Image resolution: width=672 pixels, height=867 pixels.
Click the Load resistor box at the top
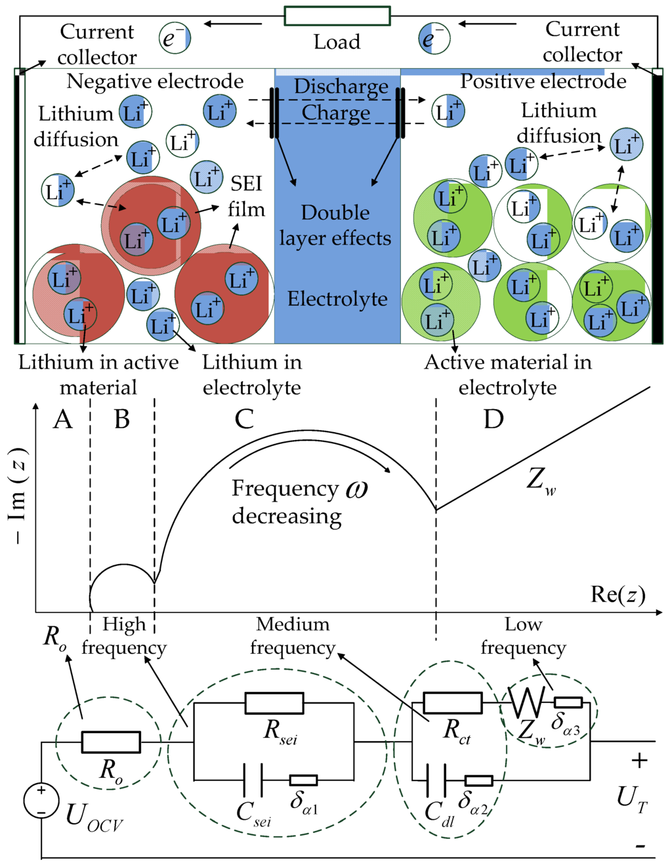pos(337,16)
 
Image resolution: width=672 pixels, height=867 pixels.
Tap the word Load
pos(337,42)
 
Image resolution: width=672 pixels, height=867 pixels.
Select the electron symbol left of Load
pos(175,38)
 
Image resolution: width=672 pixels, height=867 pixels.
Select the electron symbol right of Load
pos(434,38)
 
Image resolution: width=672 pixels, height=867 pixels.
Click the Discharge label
pos(341,87)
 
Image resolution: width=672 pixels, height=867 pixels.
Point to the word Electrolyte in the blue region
pos(337,299)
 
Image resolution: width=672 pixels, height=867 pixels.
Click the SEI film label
pos(246,196)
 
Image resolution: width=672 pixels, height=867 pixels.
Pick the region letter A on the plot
pos(63,419)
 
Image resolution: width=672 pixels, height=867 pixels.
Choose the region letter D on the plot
pos(493,419)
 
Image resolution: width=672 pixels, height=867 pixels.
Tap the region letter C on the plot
pos(244,419)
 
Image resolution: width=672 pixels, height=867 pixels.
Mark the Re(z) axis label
pos(618,594)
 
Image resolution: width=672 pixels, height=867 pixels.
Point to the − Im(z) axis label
pos(18,496)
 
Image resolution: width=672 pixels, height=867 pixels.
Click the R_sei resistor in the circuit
pos(274,703)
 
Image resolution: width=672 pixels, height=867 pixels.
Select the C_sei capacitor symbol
pos(252,780)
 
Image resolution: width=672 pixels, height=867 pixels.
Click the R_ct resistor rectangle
pos(452,702)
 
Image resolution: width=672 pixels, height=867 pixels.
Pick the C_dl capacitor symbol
pos(436,780)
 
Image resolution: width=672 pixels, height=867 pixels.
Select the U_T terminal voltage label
pos(631,798)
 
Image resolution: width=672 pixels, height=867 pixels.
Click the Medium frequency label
pos(293,635)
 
